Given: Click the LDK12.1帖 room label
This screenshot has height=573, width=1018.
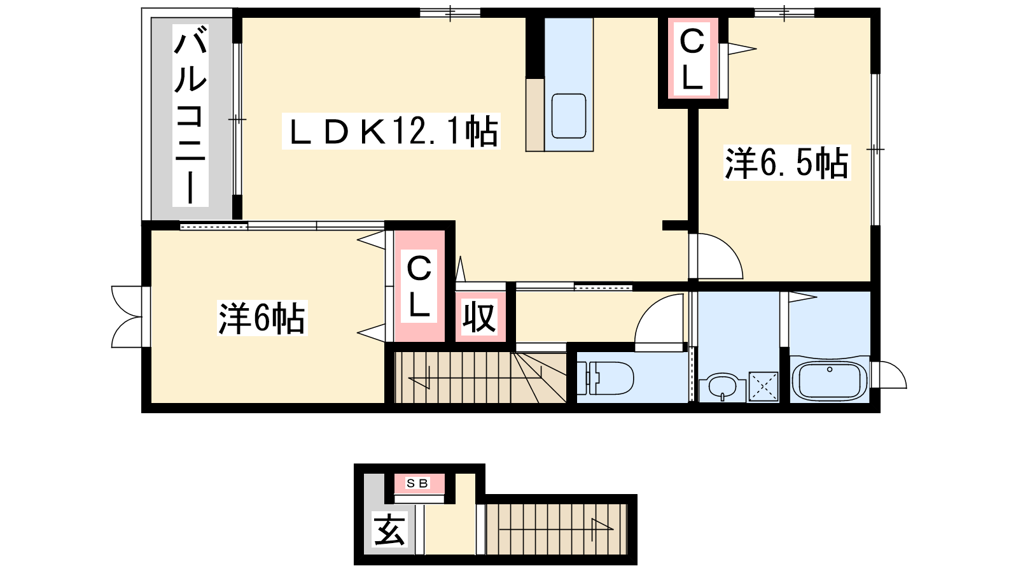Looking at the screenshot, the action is coord(391,131).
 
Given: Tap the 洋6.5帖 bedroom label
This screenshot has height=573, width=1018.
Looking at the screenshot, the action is coord(786,163).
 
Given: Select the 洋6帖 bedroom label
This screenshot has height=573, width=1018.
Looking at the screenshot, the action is coord(262,318).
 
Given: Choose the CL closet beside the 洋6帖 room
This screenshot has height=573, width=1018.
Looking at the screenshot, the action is coord(419,286).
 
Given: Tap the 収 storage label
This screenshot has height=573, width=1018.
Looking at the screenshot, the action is coord(479,318).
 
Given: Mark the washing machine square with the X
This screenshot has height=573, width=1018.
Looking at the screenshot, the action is coord(763,387).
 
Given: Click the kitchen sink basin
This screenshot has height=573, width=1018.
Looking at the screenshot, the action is coord(569,116).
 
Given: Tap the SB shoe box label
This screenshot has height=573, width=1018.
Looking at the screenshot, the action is coord(417,483).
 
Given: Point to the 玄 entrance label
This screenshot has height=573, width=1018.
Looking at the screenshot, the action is coord(389,529).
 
